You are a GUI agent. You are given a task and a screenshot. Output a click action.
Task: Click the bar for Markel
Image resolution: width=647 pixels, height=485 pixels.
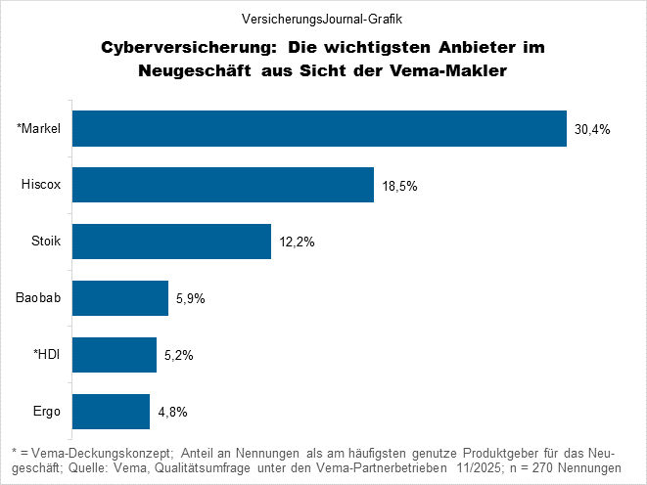(319, 128)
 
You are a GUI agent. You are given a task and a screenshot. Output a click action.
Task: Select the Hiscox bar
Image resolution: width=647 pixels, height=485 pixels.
(223, 185)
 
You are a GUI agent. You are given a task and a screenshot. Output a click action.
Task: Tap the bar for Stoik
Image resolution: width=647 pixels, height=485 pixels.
(171, 242)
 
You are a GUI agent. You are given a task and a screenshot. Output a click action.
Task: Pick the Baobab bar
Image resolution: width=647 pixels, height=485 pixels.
(120, 298)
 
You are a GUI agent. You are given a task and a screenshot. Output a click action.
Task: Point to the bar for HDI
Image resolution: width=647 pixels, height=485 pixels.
(115, 355)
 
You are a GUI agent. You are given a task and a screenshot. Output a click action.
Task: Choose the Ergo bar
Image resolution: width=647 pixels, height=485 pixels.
(111, 412)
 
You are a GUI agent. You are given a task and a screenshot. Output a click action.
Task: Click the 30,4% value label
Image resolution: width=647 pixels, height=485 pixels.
(592, 128)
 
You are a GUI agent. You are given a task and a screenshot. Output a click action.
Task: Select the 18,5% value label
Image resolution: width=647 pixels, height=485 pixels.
(399, 185)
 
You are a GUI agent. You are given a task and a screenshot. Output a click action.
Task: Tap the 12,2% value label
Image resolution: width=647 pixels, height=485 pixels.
(296, 242)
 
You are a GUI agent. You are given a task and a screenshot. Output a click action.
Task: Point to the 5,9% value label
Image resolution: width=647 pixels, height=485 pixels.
(191, 298)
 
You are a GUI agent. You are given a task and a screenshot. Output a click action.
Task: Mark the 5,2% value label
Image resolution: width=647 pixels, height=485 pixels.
(178, 355)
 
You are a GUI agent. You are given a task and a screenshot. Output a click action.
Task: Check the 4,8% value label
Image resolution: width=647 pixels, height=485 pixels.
(172, 412)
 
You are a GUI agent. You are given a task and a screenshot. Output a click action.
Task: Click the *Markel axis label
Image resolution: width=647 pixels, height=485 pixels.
(40, 128)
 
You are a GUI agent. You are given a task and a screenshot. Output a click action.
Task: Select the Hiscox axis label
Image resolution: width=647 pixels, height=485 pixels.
(42, 185)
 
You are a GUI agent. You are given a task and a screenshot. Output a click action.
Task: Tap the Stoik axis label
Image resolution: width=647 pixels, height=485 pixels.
(46, 242)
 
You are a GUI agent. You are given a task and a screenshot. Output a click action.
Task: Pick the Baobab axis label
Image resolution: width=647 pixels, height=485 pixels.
(40, 298)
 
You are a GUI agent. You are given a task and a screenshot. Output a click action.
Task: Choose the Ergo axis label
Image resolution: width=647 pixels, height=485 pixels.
(47, 412)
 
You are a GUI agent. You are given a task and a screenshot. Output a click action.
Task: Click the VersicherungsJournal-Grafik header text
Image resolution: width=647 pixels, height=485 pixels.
(322, 18)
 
